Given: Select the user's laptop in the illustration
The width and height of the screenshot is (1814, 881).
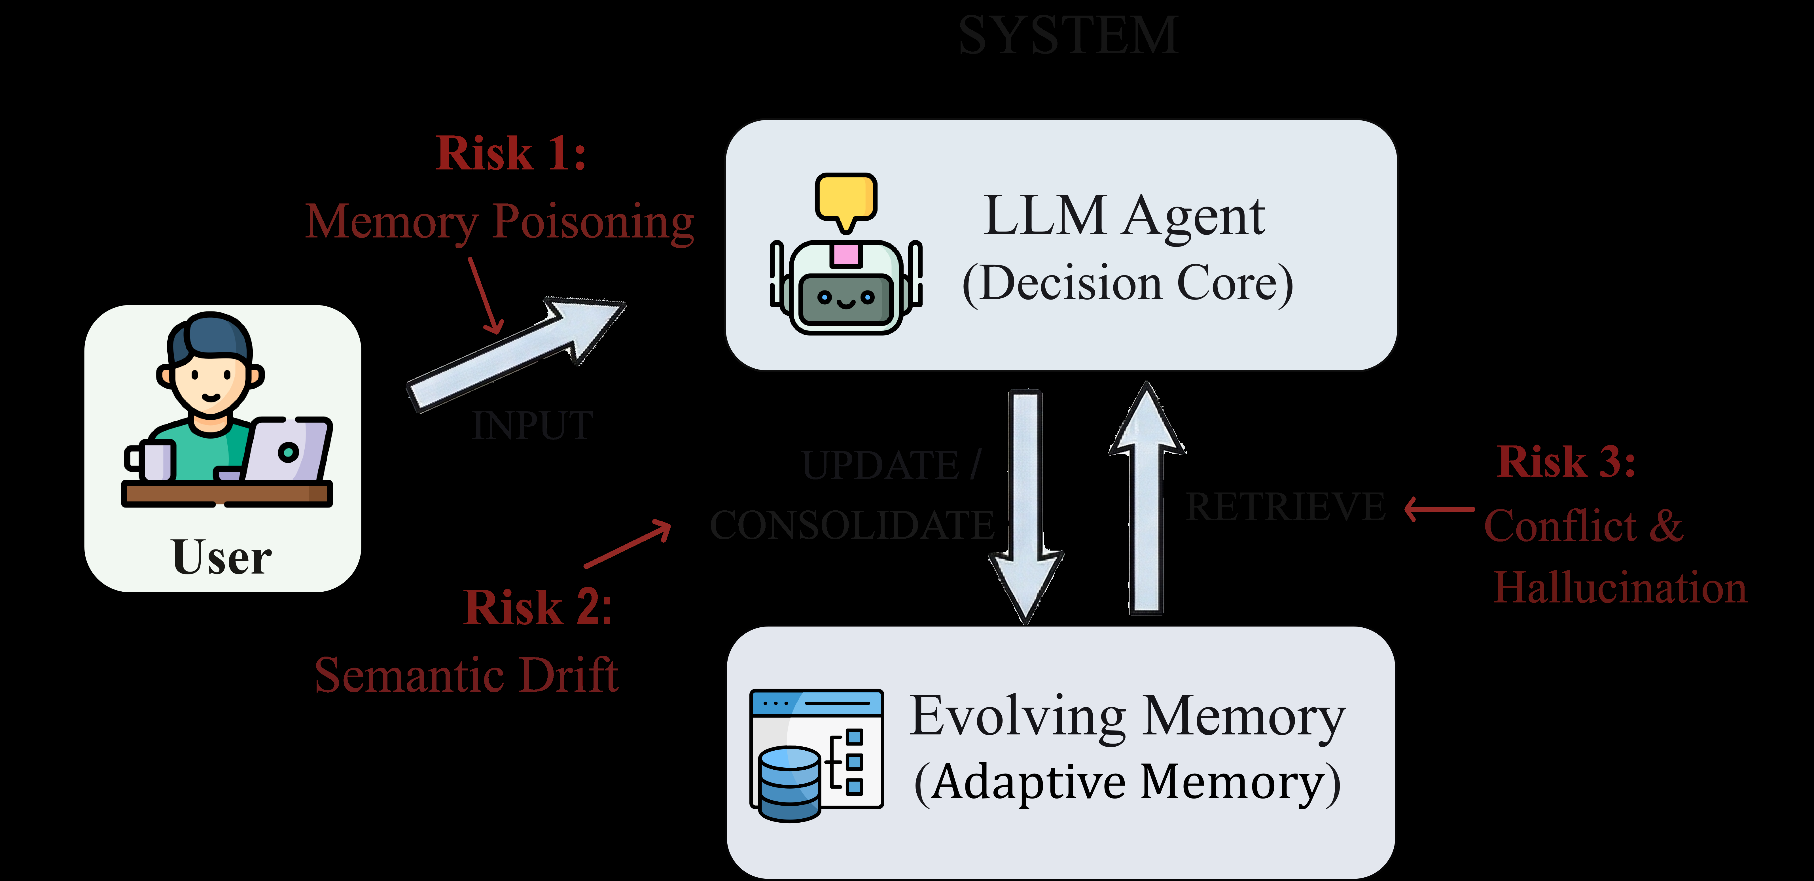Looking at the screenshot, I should pyautogui.click(x=287, y=451).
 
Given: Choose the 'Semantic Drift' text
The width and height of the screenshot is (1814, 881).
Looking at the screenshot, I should pyautogui.click(x=466, y=675).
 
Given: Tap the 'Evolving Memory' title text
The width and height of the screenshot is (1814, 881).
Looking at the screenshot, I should pyautogui.click(x=1127, y=716).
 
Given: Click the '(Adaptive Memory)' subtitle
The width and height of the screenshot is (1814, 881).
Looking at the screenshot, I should pyautogui.click(x=1127, y=783).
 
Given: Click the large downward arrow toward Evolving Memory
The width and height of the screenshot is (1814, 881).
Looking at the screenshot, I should pyautogui.click(x=1026, y=507).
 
